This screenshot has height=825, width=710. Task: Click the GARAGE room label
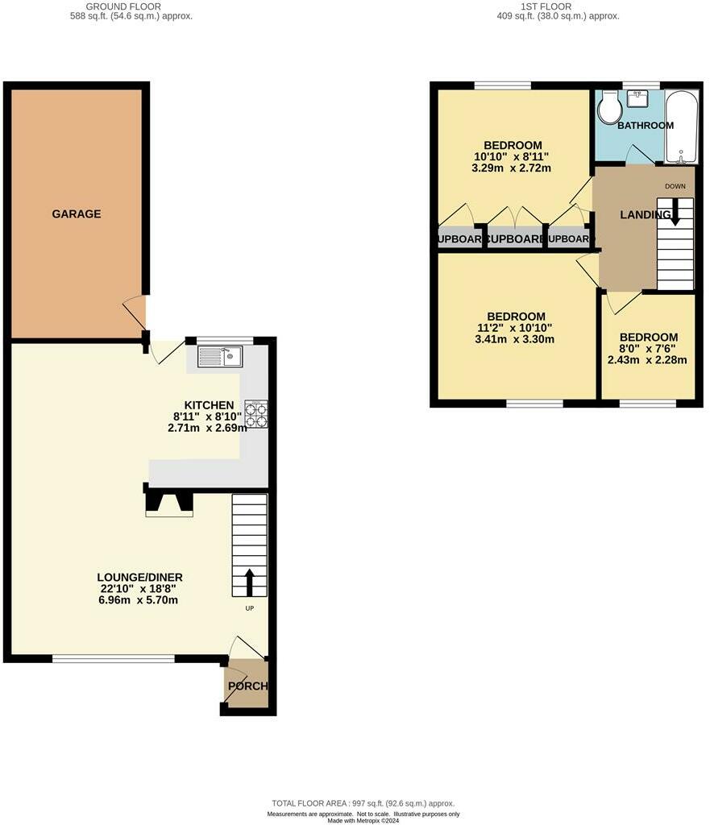(77, 214)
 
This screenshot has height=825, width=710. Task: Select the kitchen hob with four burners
(256, 413)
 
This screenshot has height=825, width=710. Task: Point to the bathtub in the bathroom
(681, 126)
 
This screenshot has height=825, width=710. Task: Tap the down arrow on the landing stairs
(675, 211)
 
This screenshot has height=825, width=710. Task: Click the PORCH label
(247, 686)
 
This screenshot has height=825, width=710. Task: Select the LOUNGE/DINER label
(140, 577)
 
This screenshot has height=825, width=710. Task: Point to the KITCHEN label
(210, 405)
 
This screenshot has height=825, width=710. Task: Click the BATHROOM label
(646, 126)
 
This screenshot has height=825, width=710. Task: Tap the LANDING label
(646, 214)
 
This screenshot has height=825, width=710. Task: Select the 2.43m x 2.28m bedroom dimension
(647, 360)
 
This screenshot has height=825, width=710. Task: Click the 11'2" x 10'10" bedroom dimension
(516, 328)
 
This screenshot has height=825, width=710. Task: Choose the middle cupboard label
(515, 239)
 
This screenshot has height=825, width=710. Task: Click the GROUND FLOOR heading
(131, 6)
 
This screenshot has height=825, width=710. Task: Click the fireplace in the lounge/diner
(169, 504)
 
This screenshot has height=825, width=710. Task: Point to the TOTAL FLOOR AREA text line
(363, 803)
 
